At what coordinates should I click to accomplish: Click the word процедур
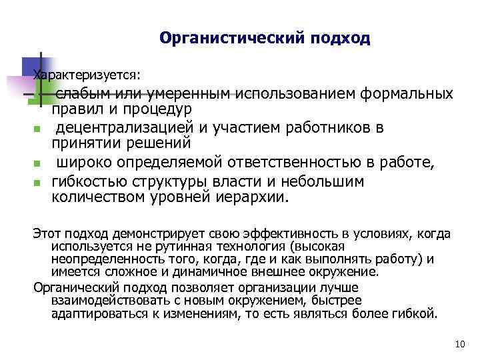pos(159,108)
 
